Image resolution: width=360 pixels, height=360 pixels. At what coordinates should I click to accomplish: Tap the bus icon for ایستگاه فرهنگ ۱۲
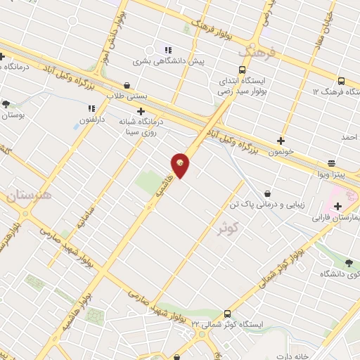tap(341, 81)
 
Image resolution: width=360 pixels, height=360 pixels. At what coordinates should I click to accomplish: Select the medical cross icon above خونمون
tap(281, 141)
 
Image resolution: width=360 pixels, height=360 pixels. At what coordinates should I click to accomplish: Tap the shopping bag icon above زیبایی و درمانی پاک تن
tap(267, 193)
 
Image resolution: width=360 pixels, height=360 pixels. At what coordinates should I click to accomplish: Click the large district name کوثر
tap(244, 227)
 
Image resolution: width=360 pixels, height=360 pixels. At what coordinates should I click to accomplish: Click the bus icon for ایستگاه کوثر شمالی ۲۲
tap(227, 314)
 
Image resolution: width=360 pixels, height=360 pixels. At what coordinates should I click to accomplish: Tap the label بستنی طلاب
tap(126, 96)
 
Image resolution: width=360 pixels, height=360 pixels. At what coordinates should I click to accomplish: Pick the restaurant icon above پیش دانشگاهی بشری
tap(167, 50)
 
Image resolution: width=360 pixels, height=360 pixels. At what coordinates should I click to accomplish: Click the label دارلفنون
tap(91, 120)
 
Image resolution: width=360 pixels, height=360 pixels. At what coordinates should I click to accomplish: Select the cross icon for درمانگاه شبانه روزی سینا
tap(141, 111)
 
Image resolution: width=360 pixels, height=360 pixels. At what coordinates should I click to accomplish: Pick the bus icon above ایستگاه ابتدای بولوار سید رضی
tap(242, 70)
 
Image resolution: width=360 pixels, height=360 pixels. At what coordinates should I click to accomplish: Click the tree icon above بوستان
tap(6, 104)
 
